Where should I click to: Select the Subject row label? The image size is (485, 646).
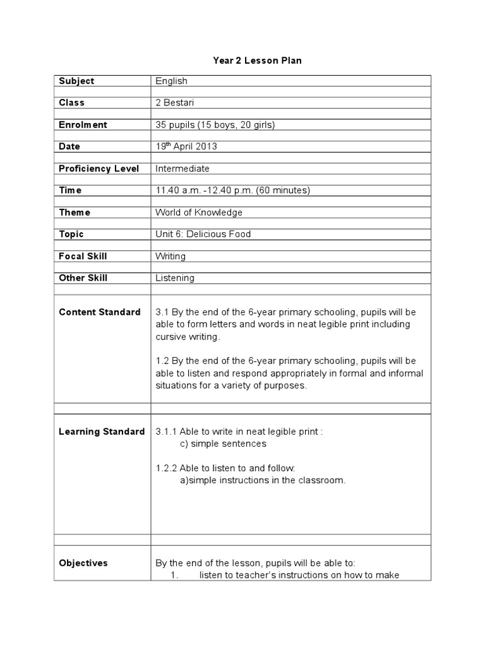(x=76, y=81)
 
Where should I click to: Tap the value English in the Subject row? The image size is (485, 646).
(x=171, y=81)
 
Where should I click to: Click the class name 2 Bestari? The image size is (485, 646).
(x=176, y=103)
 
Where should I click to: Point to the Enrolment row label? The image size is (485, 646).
(x=83, y=125)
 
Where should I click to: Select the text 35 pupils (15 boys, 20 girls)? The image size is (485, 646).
(x=215, y=125)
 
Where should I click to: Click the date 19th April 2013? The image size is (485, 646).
(x=186, y=146)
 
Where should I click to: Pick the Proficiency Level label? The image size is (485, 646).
(x=99, y=168)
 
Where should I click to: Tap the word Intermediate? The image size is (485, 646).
(x=183, y=168)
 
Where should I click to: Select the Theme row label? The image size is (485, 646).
(x=75, y=213)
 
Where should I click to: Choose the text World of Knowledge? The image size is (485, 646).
(x=199, y=213)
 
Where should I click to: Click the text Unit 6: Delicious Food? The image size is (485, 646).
(x=203, y=234)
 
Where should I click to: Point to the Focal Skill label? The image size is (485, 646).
(x=83, y=256)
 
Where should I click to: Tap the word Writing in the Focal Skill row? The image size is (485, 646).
(x=171, y=256)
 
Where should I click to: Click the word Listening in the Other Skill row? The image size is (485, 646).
(x=175, y=278)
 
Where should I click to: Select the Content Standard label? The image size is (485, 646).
(x=100, y=312)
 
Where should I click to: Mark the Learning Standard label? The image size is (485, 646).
(x=102, y=432)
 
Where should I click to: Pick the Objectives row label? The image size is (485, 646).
(x=83, y=563)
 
